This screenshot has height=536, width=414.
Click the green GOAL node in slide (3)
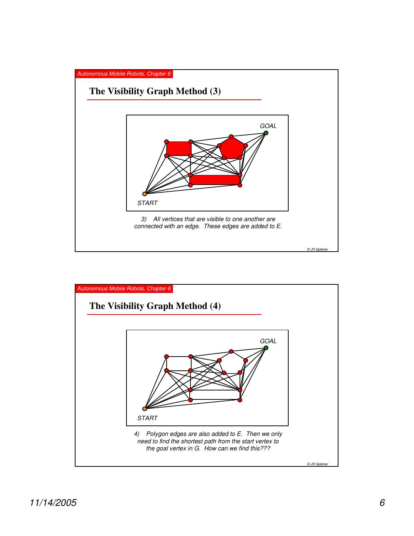[x=266, y=133]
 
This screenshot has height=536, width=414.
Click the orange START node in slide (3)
[x=145, y=194]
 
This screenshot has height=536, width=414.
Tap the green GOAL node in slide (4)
[x=266, y=348]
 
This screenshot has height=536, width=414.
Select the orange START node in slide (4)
[x=145, y=409]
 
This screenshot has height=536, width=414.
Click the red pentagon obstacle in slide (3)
[x=232, y=149]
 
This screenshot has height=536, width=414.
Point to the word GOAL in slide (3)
[x=268, y=126]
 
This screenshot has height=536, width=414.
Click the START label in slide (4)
[x=147, y=418]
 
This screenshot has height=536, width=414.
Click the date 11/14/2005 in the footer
[x=53, y=503]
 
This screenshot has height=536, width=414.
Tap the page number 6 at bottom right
[x=382, y=503]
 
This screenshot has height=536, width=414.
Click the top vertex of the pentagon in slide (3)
[x=231, y=136]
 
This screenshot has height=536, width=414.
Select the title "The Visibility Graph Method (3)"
[x=155, y=91]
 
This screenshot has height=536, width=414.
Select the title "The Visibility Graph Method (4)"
[x=155, y=306]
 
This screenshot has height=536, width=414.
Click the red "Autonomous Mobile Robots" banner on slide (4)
[x=124, y=288]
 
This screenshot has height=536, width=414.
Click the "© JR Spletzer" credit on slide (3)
[x=317, y=249]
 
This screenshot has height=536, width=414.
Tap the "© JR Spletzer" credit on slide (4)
[x=317, y=464]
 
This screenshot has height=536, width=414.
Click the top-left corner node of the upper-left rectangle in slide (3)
[x=167, y=141]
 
